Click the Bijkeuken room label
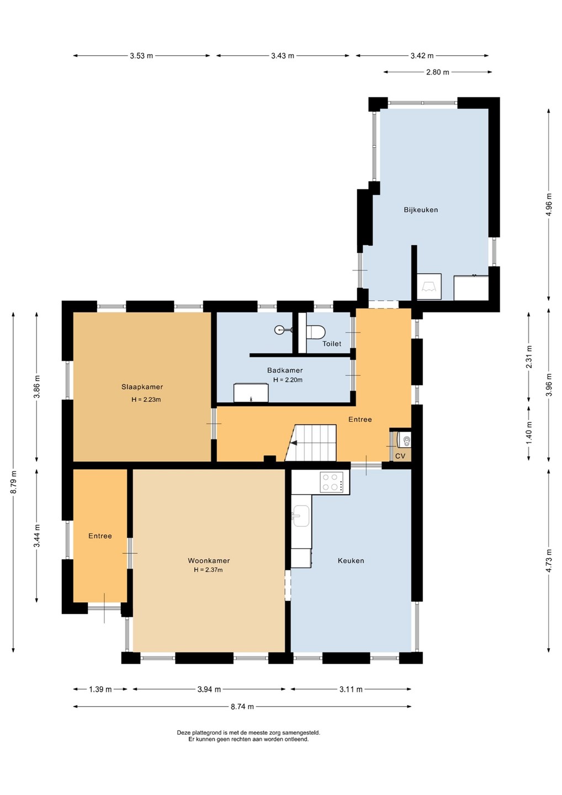click(x=421, y=210)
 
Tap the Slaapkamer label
click(x=142, y=387)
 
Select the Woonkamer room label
click(x=209, y=561)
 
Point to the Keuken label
click(x=351, y=561)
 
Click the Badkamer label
click(x=285, y=370)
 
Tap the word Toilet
click(x=332, y=343)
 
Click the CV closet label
click(x=400, y=455)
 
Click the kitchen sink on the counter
click(x=300, y=516)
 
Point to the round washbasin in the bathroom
click(x=280, y=330)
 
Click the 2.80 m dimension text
click(x=437, y=72)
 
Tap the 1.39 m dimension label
click(x=100, y=689)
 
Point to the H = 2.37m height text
click(x=208, y=570)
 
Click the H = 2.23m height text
click(x=146, y=399)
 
